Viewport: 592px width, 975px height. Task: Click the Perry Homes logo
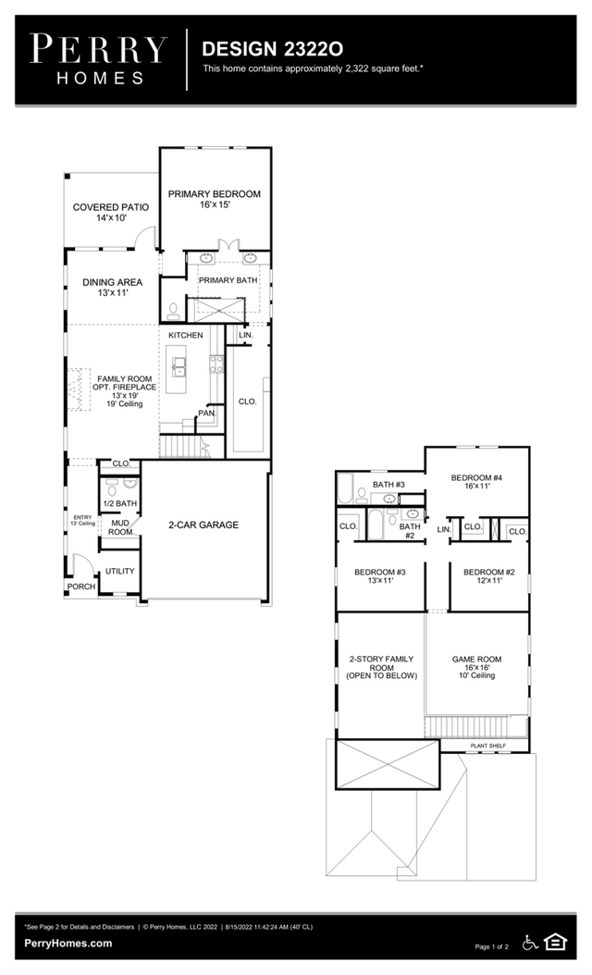pyautogui.click(x=98, y=59)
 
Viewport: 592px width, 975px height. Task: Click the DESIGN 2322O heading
pyautogui.click(x=272, y=49)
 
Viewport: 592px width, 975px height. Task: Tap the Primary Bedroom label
pyautogui.click(x=215, y=199)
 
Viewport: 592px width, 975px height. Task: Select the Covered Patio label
pyautogui.click(x=111, y=213)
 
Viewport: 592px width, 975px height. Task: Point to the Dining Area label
pyautogui.click(x=113, y=288)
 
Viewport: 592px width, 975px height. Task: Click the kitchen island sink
pyautogui.click(x=179, y=367)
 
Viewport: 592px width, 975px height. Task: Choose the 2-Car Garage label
pyautogui.click(x=203, y=525)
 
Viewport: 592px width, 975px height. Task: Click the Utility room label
pyautogui.click(x=120, y=571)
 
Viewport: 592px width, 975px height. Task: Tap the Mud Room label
pyautogui.click(x=120, y=527)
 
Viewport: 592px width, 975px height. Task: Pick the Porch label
pyautogui.click(x=81, y=586)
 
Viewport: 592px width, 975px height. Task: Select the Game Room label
pyautogui.click(x=477, y=667)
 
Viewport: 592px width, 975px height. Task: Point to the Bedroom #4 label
pyautogui.click(x=476, y=482)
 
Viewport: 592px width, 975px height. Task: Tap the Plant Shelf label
pyautogui.click(x=488, y=746)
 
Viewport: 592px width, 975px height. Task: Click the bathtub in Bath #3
pyautogui.click(x=346, y=489)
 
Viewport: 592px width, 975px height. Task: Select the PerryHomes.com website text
pyautogui.click(x=68, y=944)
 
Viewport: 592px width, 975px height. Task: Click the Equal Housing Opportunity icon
pyautogui.click(x=555, y=943)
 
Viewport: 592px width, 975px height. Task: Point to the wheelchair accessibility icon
pyautogui.click(x=530, y=943)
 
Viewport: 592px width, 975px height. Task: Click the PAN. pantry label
pyautogui.click(x=207, y=413)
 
